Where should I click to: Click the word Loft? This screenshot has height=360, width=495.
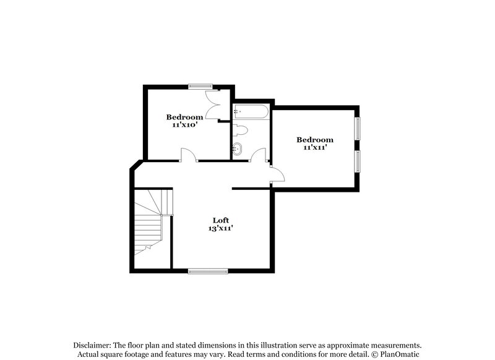point(221,220)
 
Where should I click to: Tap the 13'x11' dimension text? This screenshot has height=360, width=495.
point(221,228)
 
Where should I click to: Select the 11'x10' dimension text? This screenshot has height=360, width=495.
point(184,124)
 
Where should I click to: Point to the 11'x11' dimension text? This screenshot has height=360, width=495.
point(314,148)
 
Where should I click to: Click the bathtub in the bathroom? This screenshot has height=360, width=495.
point(251,112)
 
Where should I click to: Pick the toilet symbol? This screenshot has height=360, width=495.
point(241,131)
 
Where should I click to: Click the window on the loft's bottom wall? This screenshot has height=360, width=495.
point(209,270)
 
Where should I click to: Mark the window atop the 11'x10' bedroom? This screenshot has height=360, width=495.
point(201,86)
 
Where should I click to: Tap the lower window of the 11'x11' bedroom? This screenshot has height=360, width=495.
point(358,160)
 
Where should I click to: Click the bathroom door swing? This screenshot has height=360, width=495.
point(259,155)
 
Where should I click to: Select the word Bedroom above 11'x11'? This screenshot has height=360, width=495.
point(314,140)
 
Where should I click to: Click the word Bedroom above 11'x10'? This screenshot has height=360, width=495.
point(184,117)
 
